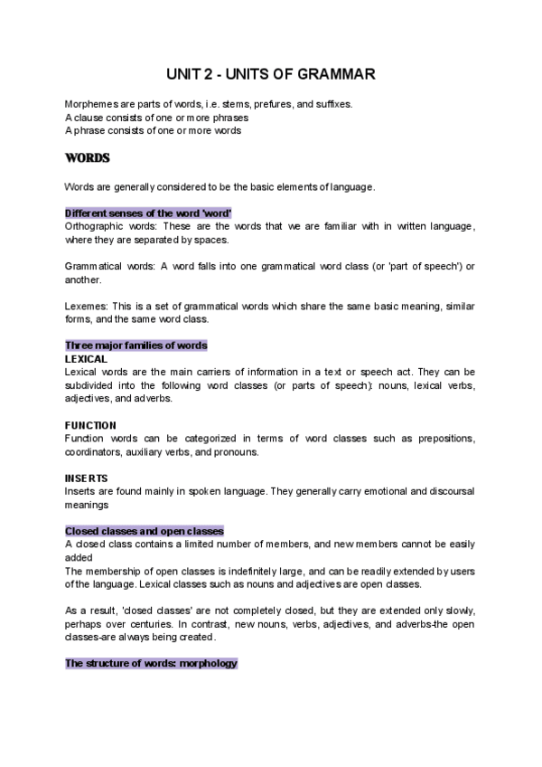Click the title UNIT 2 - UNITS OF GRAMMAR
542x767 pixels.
(271, 73)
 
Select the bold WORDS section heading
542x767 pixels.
(87, 158)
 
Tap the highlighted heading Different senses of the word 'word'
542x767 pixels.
(148, 213)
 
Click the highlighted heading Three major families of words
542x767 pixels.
(135, 346)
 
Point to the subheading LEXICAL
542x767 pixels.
(86, 359)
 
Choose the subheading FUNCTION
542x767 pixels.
(90, 425)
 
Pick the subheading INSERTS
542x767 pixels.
(86, 478)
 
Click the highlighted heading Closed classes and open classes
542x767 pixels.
(145, 531)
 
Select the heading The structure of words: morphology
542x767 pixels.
(151, 663)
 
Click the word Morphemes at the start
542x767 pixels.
(91, 104)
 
